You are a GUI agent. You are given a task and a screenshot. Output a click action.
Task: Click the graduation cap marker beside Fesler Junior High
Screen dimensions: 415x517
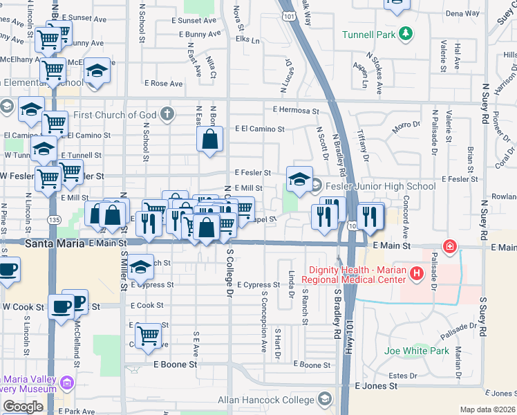(299, 181)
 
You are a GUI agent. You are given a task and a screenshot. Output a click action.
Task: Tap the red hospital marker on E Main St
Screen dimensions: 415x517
(450, 246)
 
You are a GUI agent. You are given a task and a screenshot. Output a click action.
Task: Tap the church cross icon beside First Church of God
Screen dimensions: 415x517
(167, 113)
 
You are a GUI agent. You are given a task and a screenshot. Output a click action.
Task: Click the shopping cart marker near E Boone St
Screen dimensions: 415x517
(148, 336)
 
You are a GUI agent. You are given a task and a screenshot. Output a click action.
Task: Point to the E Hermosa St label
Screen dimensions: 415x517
(296, 110)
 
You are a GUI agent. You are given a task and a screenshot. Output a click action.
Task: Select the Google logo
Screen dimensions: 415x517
(23, 407)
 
